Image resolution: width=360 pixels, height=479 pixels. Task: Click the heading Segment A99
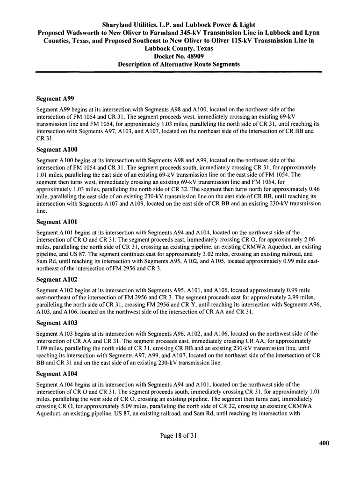56,99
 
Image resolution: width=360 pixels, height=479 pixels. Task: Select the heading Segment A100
57,150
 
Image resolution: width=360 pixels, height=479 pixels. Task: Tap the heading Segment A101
57,222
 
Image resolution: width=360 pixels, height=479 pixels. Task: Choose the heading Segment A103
57,323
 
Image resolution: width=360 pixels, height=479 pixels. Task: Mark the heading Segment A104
57,373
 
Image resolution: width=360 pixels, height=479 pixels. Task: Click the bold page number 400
324,443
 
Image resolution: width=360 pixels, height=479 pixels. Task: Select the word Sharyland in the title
119,24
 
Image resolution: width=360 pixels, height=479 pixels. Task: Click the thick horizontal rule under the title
180,72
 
